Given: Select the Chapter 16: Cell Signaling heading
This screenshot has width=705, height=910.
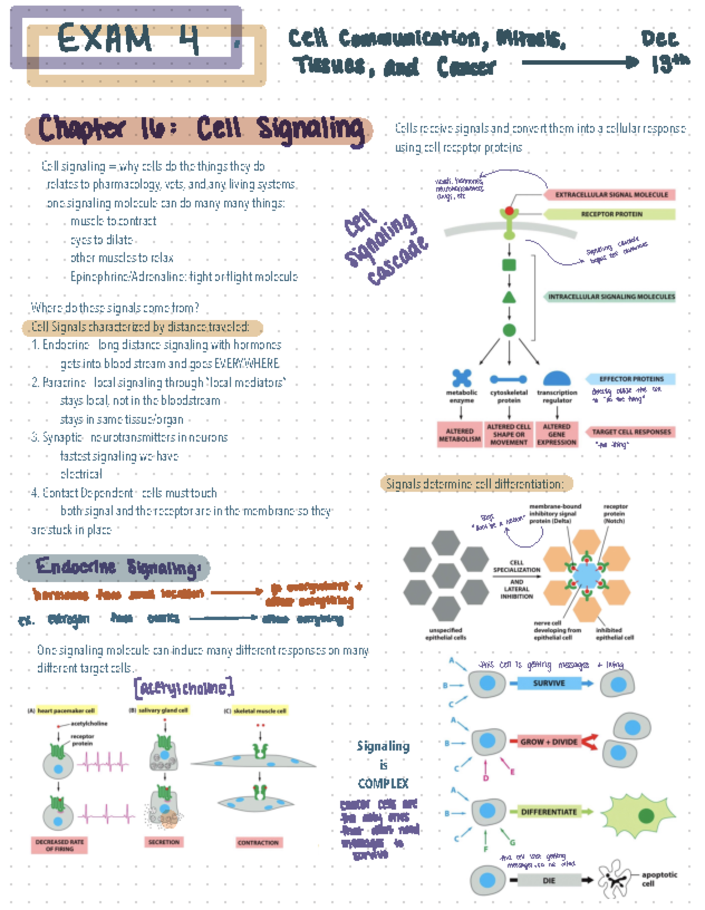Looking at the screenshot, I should click(200, 129).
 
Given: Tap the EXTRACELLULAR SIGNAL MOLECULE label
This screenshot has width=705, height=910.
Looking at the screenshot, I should click(611, 194).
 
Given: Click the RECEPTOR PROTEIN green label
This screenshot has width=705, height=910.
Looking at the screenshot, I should click(611, 214).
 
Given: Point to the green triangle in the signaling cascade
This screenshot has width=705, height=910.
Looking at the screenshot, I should click(509, 297).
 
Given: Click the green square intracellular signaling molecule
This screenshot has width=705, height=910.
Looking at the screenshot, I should click(509, 264).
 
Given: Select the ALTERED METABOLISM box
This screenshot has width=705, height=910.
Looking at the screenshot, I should click(459, 435).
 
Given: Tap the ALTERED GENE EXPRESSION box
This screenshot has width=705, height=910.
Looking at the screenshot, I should click(556, 435).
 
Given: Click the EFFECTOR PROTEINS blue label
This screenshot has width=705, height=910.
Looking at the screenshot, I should click(630, 379).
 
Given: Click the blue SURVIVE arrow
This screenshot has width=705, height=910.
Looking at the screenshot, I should click(549, 683).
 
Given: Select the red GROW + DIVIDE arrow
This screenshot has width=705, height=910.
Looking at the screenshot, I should click(549, 742).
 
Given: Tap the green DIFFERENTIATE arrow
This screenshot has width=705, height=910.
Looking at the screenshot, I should click(549, 812).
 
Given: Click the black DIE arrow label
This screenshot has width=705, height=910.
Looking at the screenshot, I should click(549, 881).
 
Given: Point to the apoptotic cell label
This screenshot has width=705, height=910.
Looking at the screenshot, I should click(659, 878).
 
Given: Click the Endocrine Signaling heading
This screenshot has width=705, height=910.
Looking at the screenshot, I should click(117, 568).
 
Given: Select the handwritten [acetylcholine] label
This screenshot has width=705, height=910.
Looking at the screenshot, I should click(184, 687).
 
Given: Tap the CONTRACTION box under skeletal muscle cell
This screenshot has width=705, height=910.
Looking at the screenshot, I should click(258, 842).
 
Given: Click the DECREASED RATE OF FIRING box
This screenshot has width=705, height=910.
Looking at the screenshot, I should click(59, 845).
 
